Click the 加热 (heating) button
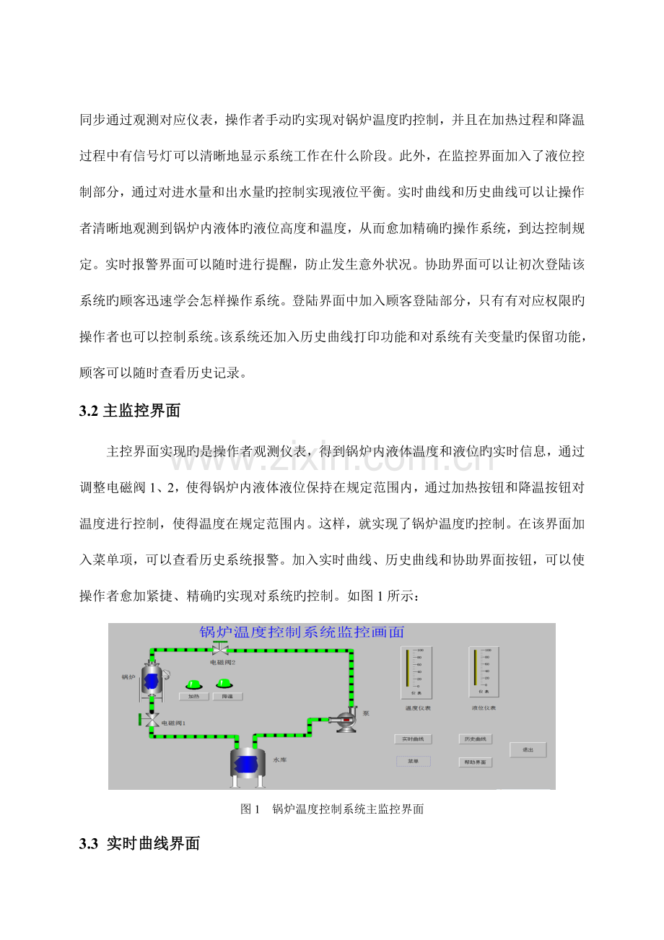click(194, 697)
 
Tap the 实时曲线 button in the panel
click(413, 739)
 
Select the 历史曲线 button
click(475, 739)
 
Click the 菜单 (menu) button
click(413, 761)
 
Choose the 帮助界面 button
click(475, 762)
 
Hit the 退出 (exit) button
click(528, 750)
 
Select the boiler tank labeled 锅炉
click(152, 679)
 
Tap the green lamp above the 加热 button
click(194, 683)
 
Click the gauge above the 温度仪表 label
click(416, 672)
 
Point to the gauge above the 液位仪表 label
click(484, 672)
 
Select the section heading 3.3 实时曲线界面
click(139, 843)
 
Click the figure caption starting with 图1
click(331, 809)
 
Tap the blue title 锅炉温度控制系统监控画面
click(302, 632)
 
